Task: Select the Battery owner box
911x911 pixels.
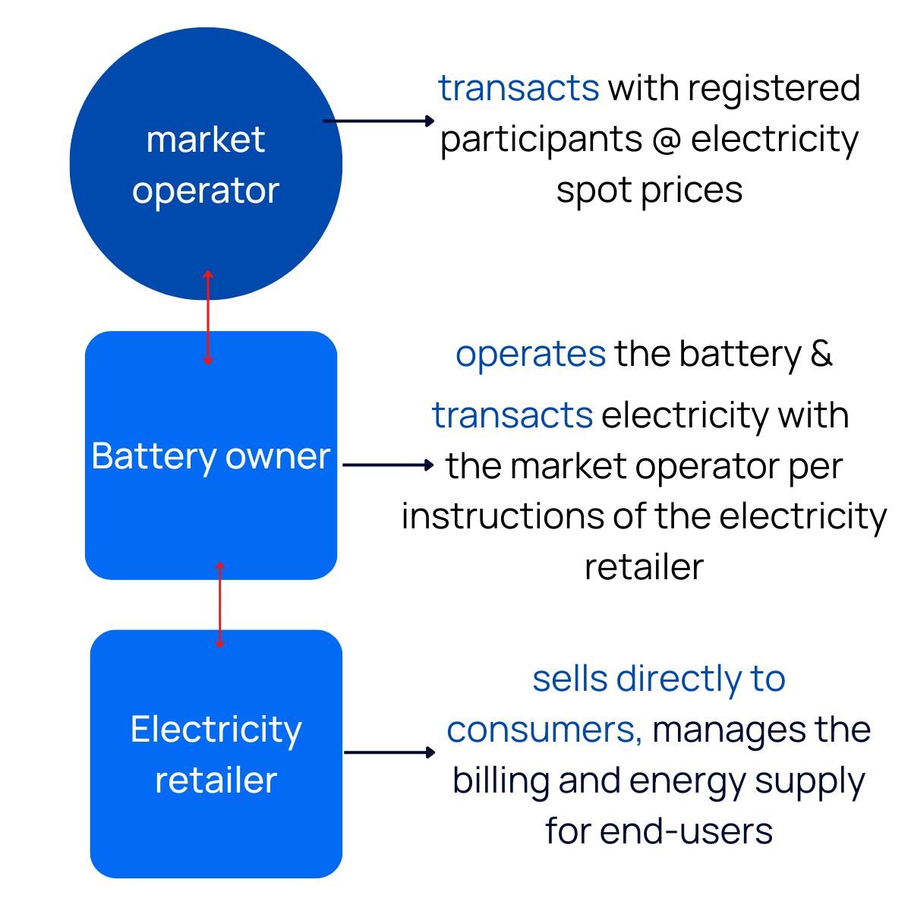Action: pos(211,516)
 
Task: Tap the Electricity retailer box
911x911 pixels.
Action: pos(216,827)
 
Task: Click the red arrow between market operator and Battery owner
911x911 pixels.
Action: pos(208,317)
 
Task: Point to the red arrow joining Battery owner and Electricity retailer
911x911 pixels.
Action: pos(220,605)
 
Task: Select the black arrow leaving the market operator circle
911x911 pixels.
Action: pos(378,121)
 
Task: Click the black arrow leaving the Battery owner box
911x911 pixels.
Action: pos(387,465)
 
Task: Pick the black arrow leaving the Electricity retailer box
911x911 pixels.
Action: pos(389,752)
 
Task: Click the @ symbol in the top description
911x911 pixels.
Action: pos(666,140)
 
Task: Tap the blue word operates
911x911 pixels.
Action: pos(531,355)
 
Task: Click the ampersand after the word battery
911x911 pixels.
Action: pos(821,355)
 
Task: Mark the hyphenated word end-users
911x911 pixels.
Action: pos(686,831)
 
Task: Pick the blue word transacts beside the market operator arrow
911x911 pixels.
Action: pos(519,88)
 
